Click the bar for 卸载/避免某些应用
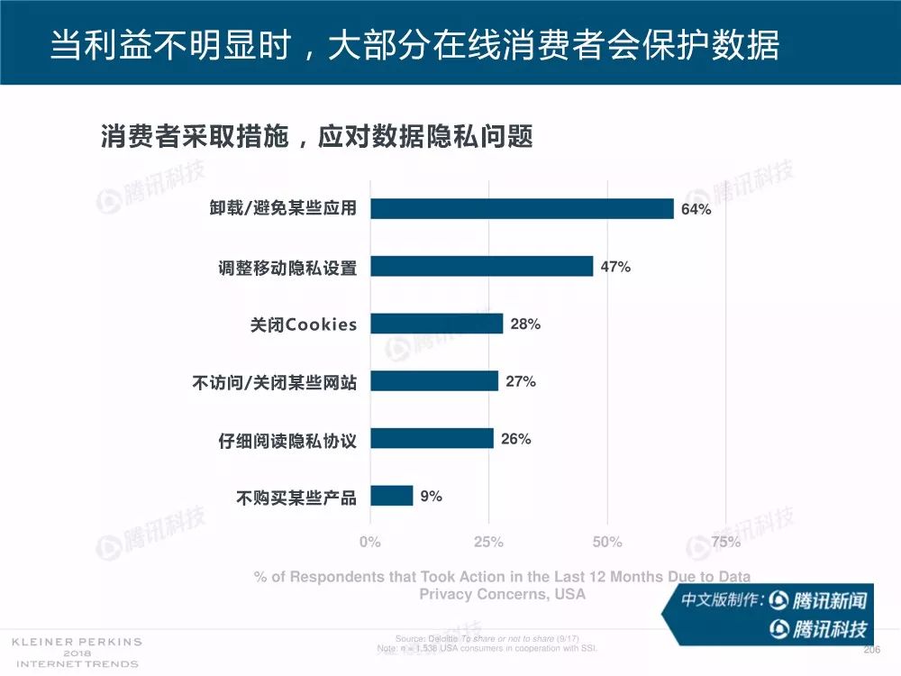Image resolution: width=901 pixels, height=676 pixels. pos(522,209)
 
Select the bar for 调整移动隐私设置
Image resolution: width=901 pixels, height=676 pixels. pos(481,266)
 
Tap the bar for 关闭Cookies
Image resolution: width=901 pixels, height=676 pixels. pos(436,324)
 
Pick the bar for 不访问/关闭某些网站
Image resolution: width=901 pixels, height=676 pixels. pos(433,381)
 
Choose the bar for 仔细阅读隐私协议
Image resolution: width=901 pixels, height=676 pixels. pos(432,439)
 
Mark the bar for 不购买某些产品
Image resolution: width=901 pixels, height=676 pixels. pos(391,496)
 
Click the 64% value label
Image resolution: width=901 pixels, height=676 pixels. pos(696,210)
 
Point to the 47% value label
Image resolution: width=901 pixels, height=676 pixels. pos(615,267)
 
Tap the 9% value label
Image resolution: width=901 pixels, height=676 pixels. pos(431,496)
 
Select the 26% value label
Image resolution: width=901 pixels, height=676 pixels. pos(515,439)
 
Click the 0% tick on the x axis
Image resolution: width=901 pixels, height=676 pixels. pos(370,542)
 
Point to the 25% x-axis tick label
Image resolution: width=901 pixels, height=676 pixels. pos(488,542)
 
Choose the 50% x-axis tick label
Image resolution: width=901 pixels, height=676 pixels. pos(607,542)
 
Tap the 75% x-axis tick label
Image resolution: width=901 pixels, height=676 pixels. pos(726,542)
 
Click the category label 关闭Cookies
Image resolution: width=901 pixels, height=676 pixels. pos(304,324)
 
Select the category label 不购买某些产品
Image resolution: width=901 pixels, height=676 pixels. pos(296,497)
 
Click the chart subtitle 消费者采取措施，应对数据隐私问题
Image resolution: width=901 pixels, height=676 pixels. pos(316,137)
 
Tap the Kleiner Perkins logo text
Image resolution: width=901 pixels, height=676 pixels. pos(76,653)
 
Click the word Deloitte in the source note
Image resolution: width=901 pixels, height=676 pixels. pos(443,638)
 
